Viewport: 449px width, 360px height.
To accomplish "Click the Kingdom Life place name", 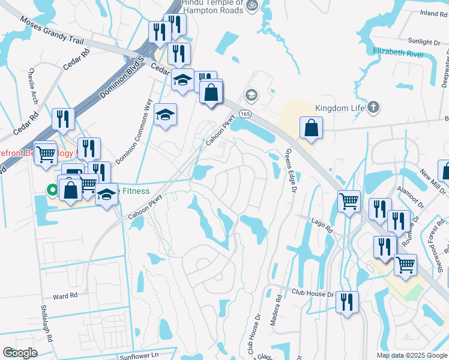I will [x=340, y=109].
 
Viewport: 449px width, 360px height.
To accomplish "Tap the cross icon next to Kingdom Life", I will [x=373, y=108].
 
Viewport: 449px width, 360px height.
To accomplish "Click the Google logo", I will [x=20, y=353].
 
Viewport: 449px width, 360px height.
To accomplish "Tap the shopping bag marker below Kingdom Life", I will [x=312, y=127].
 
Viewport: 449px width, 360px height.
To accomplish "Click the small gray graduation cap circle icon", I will [x=251, y=94].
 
